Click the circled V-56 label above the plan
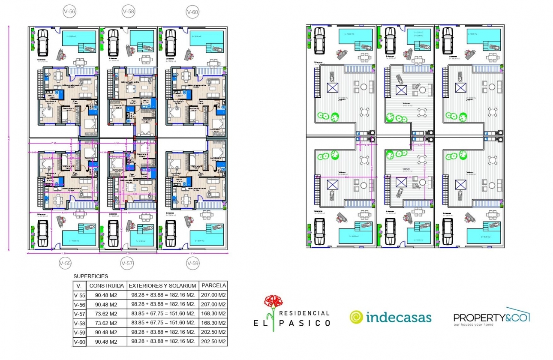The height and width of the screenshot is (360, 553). tap(69, 12)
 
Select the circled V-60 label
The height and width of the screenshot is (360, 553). tap(192, 12)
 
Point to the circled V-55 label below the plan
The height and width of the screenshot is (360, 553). tap(65, 264)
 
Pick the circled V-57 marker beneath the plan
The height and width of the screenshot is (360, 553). tap(127, 264)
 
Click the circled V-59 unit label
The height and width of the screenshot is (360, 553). tap(193, 264)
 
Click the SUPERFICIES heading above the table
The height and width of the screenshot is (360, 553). tap(91, 276)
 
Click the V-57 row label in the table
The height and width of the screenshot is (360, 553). tap(79, 314)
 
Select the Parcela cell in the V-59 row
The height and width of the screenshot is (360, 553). tap(213, 332)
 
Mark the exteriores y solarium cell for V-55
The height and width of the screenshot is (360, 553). tap(162, 295)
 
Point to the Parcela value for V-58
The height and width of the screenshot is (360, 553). tap(213, 323)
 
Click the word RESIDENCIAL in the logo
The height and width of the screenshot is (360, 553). tap(304, 313)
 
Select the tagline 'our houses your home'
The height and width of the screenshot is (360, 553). tap(473, 324)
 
